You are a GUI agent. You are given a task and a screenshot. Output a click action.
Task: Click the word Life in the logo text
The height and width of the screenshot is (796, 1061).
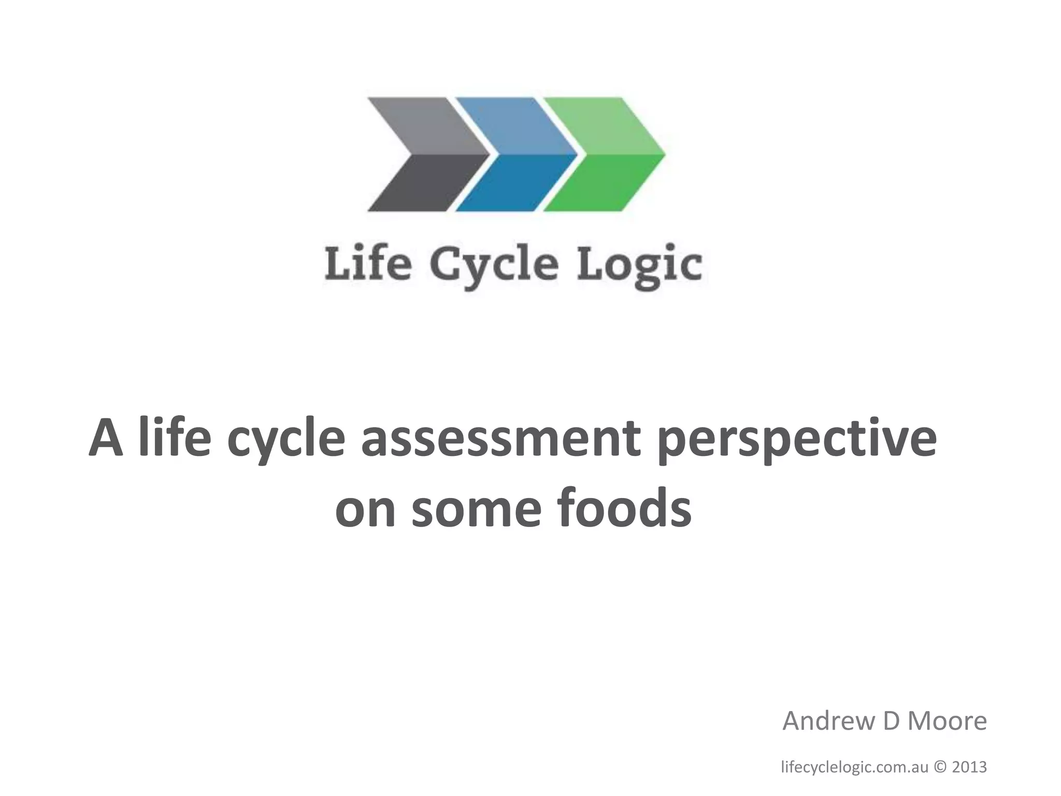click(367, 264)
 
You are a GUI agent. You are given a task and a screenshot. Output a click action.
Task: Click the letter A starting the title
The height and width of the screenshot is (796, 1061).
click(106, 439)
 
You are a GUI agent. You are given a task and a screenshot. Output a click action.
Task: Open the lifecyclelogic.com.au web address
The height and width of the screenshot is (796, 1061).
click(854, 767)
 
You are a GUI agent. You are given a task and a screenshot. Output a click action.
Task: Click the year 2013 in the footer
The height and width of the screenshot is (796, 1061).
click(969, 767)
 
